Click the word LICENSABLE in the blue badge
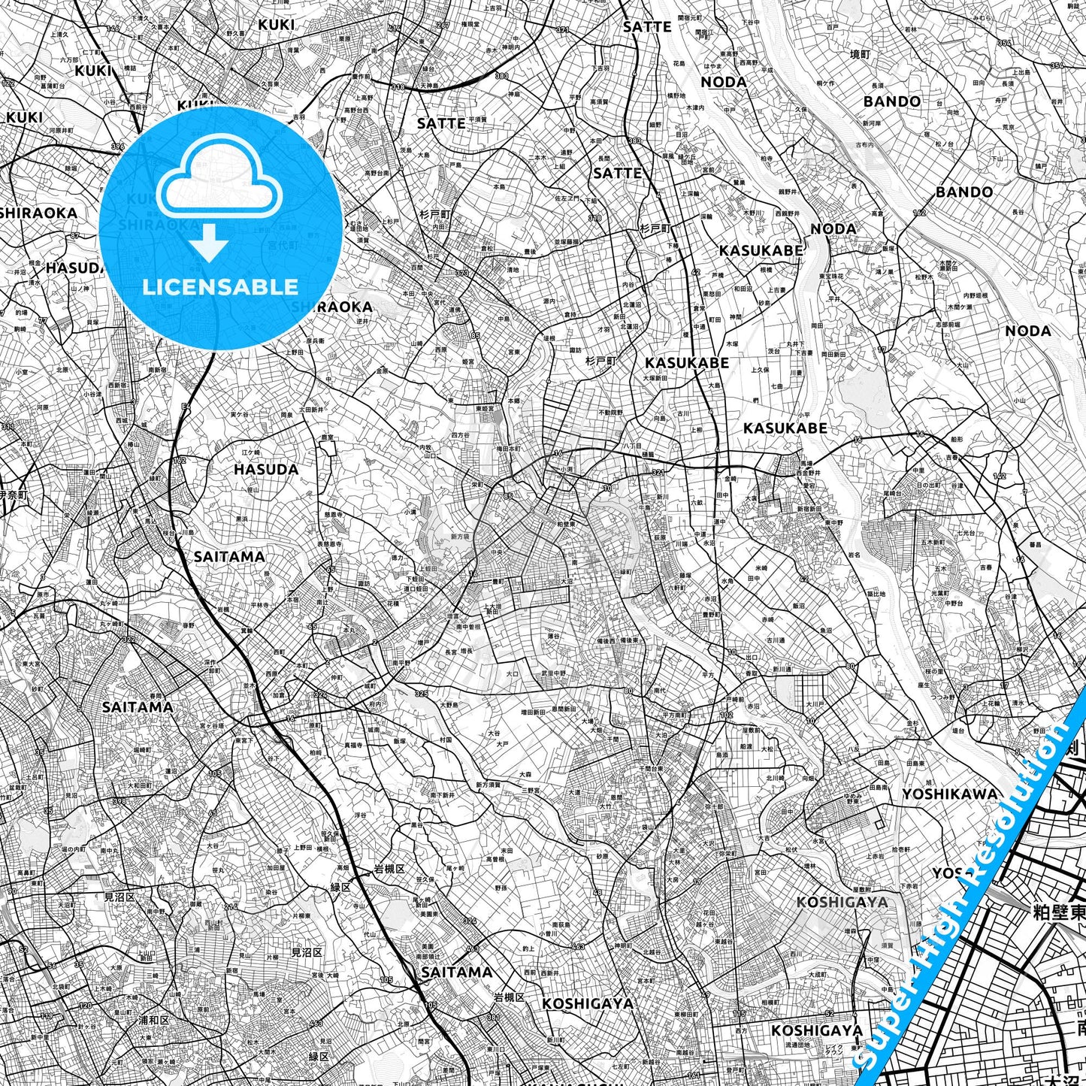coord(219,287)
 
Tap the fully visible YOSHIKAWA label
coord(950,794)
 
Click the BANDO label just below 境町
coord(891,101)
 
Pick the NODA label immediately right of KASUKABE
coord(833,228)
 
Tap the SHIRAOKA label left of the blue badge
coord(39,213)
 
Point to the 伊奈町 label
coord(14,495)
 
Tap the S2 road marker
coord(23,950)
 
